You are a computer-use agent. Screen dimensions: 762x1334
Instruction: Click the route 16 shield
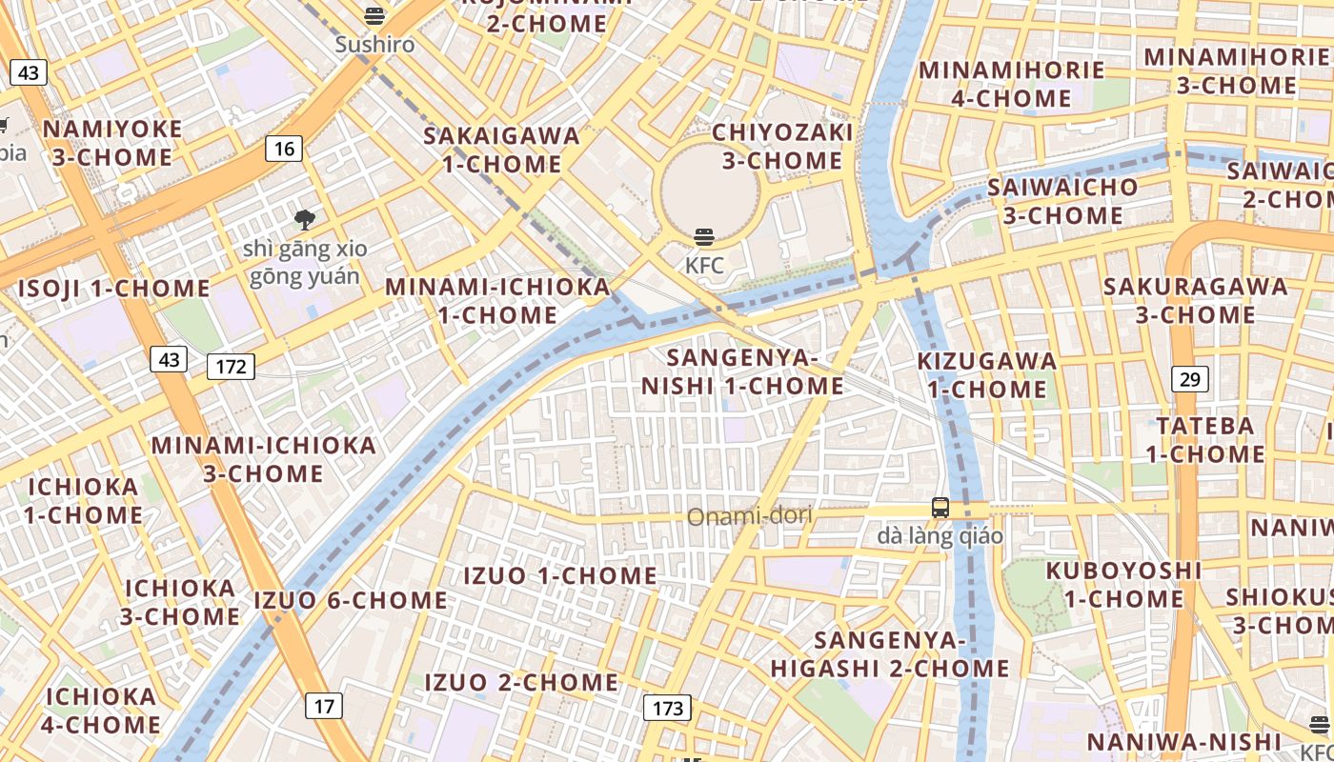coord(284,149)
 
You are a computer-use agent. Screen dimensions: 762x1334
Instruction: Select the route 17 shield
coord(324,706)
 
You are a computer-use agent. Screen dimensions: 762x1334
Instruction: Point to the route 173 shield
coord(668,708)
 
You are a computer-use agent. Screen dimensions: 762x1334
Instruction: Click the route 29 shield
coord(1189,379)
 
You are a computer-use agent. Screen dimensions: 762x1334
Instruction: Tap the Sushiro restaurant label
coord(374,44)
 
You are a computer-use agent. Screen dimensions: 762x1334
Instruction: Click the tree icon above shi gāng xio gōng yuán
coord(305,220)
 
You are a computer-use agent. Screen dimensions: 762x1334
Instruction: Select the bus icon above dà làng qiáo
coord(940,508)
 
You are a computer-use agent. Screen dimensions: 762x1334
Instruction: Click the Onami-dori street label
coord(750,516)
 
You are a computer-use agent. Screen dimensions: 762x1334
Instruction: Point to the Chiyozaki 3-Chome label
coord(782,146)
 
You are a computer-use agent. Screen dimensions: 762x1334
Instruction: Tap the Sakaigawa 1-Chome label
coord(502,150)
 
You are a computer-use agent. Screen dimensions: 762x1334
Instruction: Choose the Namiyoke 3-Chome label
coord(112,143)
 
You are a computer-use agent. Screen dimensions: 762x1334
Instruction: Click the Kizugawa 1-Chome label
coord(987,374)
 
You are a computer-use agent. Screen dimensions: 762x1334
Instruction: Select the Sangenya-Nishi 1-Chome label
coord(742,371)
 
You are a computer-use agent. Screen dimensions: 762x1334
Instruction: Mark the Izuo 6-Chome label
coord(351,600)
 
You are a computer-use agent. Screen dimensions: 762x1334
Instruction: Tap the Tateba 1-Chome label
coord(1205,439)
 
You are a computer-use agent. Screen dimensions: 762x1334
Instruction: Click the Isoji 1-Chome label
coord(114,289)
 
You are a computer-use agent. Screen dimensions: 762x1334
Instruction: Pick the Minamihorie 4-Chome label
coord(1012,84)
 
